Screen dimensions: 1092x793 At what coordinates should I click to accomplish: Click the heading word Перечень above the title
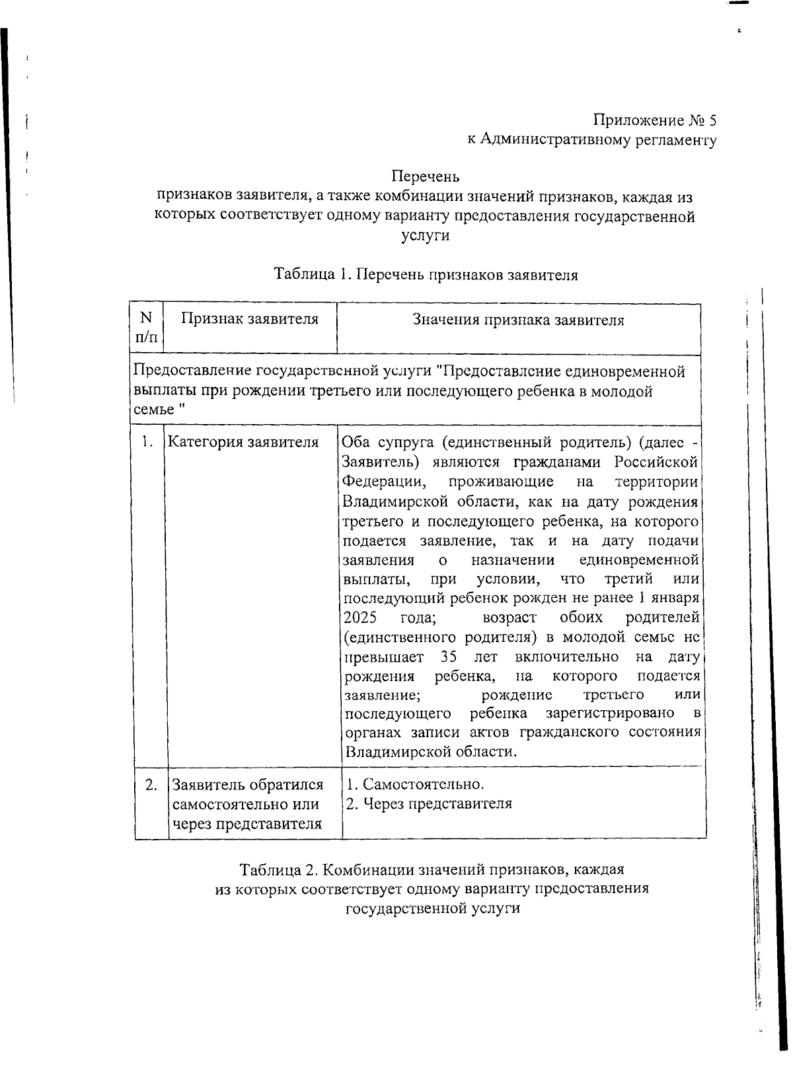point(425,177)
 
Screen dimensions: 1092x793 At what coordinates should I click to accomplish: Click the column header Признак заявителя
point(250,319)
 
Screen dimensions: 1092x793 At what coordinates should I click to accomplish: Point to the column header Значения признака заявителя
point(518,320)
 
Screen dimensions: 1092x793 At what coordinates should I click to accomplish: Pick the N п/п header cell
point(147,327)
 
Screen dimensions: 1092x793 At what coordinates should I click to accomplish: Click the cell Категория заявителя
point(243,442)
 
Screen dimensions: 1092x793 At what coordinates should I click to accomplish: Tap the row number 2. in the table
point(151,784)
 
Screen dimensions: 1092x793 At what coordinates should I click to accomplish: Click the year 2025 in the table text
point(360,618)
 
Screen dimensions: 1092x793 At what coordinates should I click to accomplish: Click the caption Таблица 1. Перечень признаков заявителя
point(426,275)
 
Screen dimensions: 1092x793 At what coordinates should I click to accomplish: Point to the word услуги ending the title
point(425,235)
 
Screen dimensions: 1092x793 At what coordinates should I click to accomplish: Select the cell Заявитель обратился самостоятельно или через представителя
point(248,804)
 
